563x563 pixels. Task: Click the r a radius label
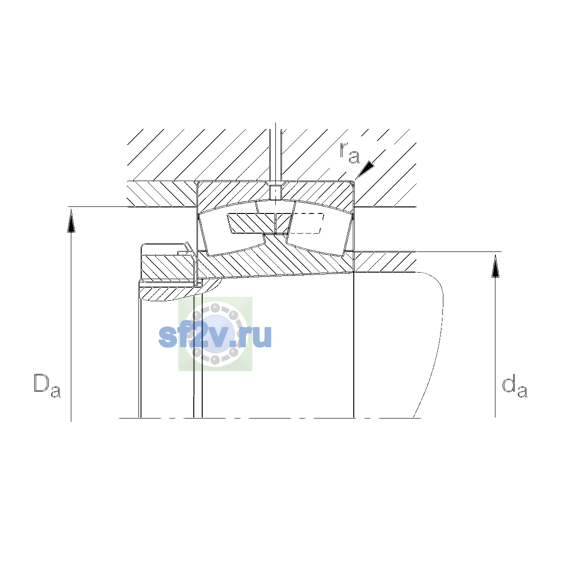point(350,153)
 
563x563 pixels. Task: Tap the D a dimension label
point(47,385)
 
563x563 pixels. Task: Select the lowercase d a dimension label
point(514,388)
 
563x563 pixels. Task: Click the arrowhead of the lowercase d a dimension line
point(495,266)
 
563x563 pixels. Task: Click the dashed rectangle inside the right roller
point(306,223)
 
